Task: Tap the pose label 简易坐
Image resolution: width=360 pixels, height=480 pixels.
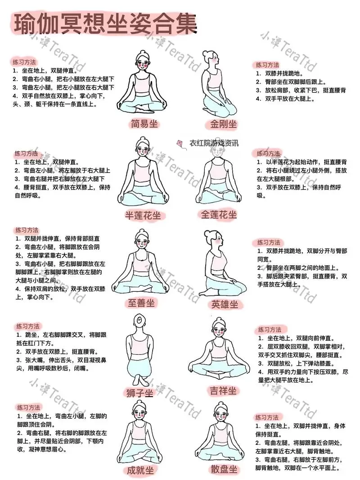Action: click(144, 124)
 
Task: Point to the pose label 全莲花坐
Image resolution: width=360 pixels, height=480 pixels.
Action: click(219, 215)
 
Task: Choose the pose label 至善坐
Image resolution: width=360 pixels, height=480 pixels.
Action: click(140, 303)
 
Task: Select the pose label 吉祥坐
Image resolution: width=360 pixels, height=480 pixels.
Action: click(222, 390)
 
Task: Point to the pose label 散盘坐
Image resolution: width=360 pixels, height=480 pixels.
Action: click(224, 470)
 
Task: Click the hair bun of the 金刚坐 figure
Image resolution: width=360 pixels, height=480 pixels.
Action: click(207, 54)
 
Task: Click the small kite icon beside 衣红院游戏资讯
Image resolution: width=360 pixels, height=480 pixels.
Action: click(180, 143)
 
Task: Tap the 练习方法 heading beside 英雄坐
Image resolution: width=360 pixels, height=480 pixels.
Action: click(270, 242)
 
